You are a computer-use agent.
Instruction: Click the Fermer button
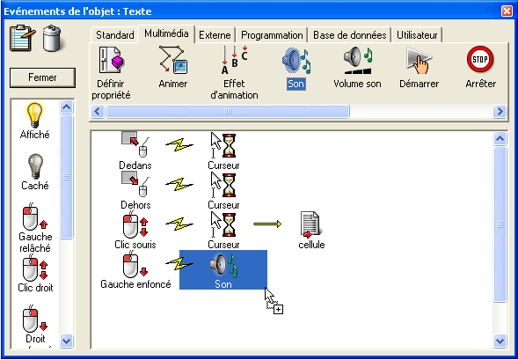click(x=42, y=77)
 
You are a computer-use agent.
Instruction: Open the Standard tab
click(x=114, y=35)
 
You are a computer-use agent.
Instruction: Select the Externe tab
click(x=215, y=35)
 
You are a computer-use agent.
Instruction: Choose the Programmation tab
click(x=272, y=35)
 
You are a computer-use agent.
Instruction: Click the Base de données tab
click(x=349, y=35)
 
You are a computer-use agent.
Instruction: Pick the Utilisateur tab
click(x=417, y=35)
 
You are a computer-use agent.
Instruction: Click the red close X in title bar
click(x=507, y=11)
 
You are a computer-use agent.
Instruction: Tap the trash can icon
click(x=52, y=39)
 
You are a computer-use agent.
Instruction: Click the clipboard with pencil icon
click(x=23, y=38)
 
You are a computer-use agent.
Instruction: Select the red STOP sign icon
click(x=480, y=60)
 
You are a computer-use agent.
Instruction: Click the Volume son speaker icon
click(x=359, y=60)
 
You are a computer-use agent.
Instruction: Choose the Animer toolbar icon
click(x=173, y=60)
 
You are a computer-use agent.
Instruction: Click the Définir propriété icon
click(x=112, y=60)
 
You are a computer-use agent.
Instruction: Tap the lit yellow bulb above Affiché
click(x=34, y=115)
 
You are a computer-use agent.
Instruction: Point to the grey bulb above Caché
click(x=35, y=166)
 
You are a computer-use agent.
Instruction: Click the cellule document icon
click(x=310, y=224)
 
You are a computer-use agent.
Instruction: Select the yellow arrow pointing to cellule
click(x=267, y=224)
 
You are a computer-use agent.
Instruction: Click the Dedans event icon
click(x=135, y=144)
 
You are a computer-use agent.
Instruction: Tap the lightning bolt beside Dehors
click(x=179, y=184)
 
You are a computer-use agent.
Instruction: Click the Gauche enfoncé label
click(x=135, y=284)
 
